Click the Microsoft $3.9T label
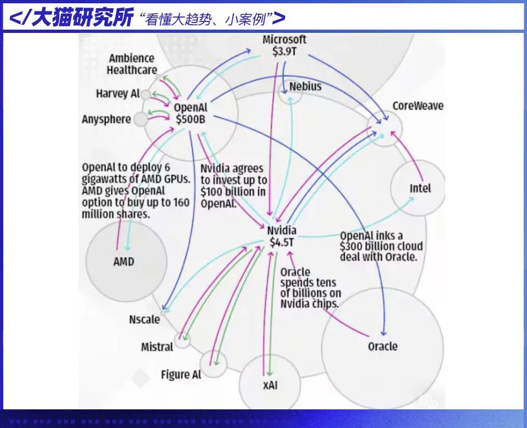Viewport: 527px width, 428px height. tap(284, 46)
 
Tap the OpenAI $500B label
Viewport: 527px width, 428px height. tap(190, 113)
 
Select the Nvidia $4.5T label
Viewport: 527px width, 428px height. tap(282, 236)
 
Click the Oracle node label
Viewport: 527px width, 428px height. tap(383, 346)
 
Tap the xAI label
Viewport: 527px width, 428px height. tap(270, 385)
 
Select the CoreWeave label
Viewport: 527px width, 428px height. tap(418, 105)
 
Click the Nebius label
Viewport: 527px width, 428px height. tap(305, 86)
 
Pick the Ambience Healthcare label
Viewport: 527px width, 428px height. tap(132, 64)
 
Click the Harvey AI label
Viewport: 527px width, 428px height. tap(117, 94)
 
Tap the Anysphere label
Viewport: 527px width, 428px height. tap(106, 119)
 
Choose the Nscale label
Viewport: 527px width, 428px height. tap(144, 319)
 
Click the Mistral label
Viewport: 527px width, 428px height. tap(157, 347)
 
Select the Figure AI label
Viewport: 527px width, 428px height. tap(181, 375)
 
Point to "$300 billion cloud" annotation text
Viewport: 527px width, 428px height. tap(380, 246)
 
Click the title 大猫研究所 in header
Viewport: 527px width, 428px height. tap(82, 18)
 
